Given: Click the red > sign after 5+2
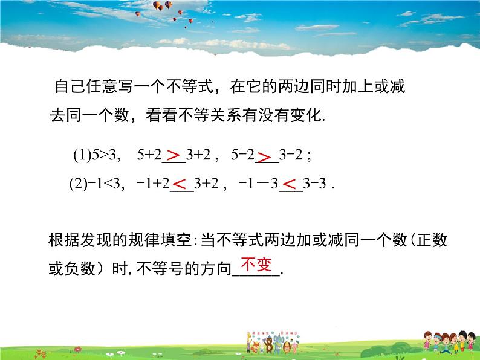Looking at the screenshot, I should [174, 156].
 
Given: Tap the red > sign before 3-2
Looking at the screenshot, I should [265, 157].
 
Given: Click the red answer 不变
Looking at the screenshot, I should [257, 264].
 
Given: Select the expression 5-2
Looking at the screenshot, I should [243, 156].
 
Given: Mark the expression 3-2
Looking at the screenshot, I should [292, 156].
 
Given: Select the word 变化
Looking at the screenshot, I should [308, 115].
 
